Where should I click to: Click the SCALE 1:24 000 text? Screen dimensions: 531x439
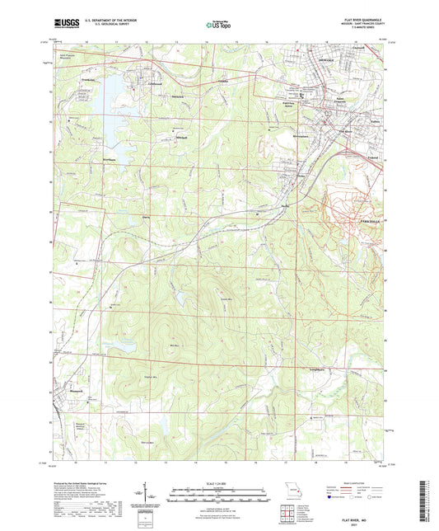218,482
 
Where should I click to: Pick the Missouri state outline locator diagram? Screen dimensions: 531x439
288,487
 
